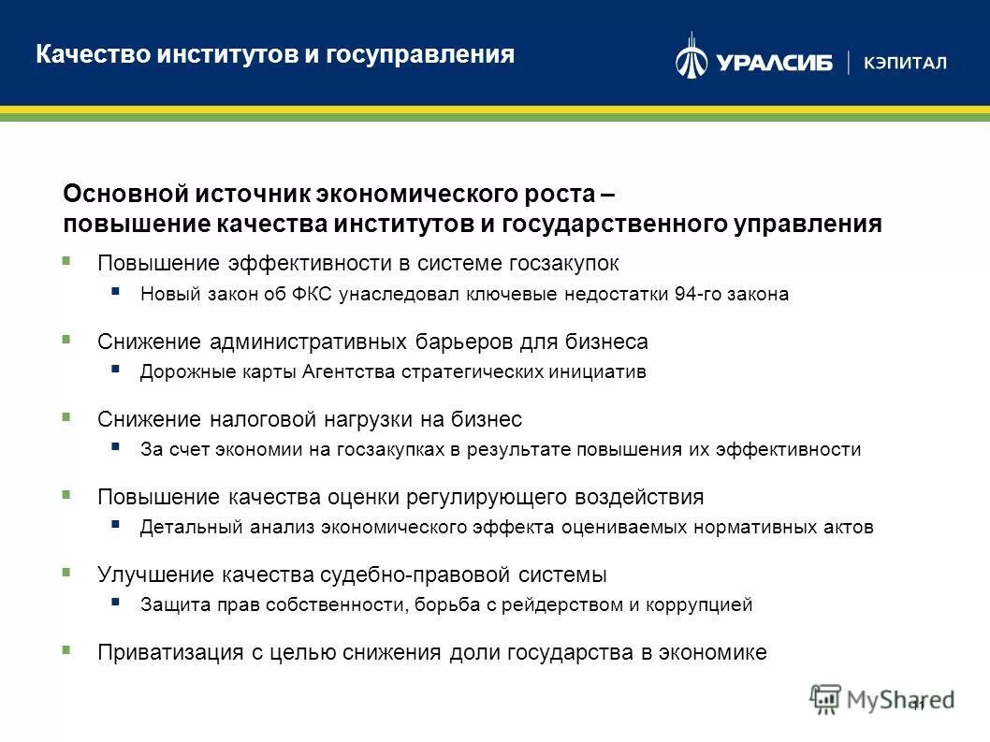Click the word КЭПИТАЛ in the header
point(906,63)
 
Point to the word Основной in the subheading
point(124,195)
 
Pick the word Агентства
point(348,371)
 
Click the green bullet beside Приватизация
point(66,648)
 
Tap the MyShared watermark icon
point(826,698)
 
